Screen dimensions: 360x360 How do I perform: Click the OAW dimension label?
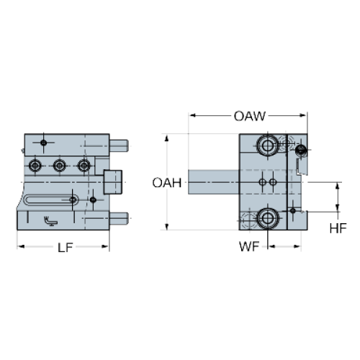coord(250,116)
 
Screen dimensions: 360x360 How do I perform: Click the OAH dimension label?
coord(167,183)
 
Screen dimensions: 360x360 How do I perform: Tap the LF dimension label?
coord(66,248)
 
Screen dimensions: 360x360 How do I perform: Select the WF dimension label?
coord(249,246)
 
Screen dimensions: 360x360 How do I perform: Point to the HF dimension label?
coord(338,228)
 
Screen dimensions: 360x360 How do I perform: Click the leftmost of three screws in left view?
coord(35,166)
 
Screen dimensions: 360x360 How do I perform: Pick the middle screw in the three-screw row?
coord(59,166)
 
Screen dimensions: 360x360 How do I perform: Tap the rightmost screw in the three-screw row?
coord(84,166)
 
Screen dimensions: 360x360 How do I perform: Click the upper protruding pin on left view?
coord(119,146)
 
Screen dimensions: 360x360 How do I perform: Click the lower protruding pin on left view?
coord(119,219)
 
